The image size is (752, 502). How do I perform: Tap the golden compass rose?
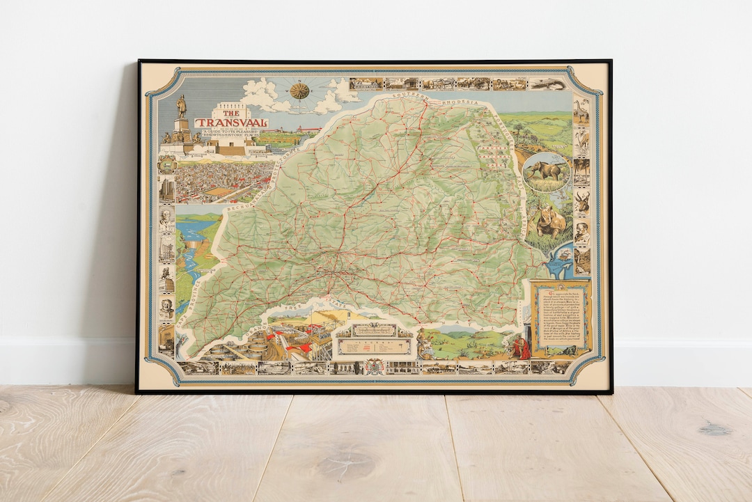coord(299,91)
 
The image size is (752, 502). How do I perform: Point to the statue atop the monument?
coord(181,106)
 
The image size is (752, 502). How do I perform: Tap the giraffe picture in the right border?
coord(581,111)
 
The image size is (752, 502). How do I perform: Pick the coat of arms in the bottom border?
coord(374,365)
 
